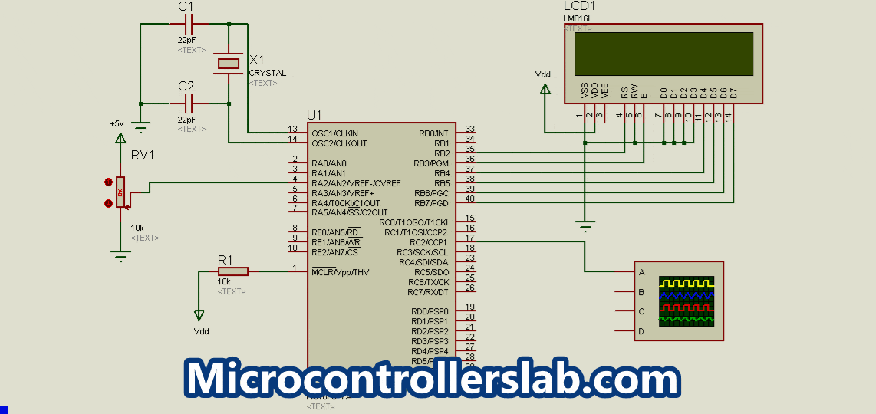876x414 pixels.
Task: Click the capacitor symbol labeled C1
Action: coord(186,24)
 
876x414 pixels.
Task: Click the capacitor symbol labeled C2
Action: coord(186,103)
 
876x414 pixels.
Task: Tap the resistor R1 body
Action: coord(232,271)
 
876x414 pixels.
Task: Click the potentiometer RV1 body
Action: coord(120,191)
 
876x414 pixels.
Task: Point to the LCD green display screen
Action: coord(664,53)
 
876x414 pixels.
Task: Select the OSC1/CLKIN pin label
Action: coord(334,133)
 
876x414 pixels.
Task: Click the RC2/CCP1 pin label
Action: coord(429,242)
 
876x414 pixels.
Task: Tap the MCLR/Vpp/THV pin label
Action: coord(341,272)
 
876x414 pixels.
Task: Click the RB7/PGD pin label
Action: coord(432,203)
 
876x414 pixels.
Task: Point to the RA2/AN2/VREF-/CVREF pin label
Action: coord(356,183)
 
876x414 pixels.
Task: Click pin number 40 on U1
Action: coord(469,199)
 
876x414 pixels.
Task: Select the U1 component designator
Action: coord(314,115)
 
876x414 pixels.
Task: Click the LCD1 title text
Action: coord(580,6)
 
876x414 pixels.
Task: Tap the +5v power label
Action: coord(117,123)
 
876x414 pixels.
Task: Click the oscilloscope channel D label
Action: coord(641,331)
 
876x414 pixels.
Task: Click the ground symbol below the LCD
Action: coord(585,226)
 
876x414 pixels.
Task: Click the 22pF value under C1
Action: coord(186,40)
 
